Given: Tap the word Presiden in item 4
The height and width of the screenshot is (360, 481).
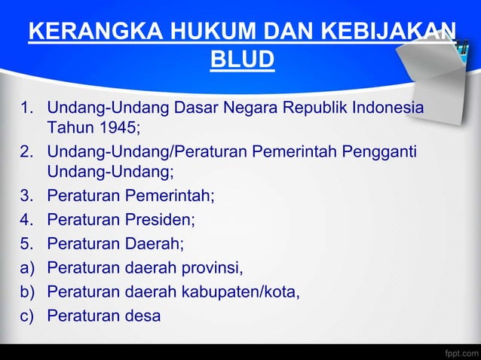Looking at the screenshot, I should pyautogui.click(x=161, y=221).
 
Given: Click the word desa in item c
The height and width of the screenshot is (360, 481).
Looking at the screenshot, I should pyautogui.click(x=144, y=316).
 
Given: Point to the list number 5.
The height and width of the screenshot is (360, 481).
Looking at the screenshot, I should pyautogui.click(x=26, y=244).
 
